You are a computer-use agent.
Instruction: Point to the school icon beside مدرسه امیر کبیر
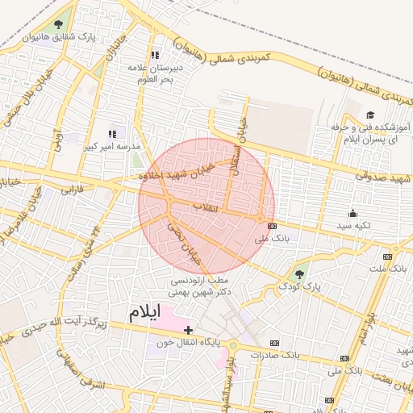tap(112, 135)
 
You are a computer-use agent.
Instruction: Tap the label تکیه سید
tap(353, 226)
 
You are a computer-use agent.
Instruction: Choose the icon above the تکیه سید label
tap(353, 214)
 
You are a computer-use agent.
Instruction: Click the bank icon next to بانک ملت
tap(388, 257)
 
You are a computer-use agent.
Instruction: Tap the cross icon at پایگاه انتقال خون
tap(188, 330)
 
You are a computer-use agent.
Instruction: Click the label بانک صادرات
tap(274, 354)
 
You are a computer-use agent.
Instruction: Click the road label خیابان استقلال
tap(240, 137)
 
